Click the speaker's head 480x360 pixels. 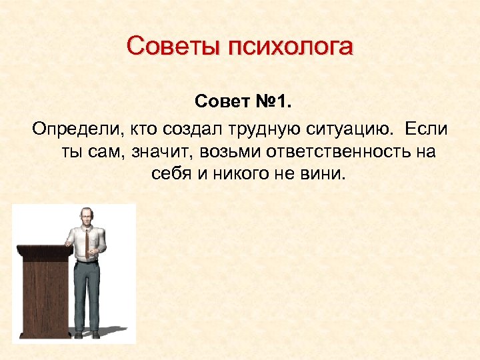(86, 216)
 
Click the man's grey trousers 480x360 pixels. (87, 293)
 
